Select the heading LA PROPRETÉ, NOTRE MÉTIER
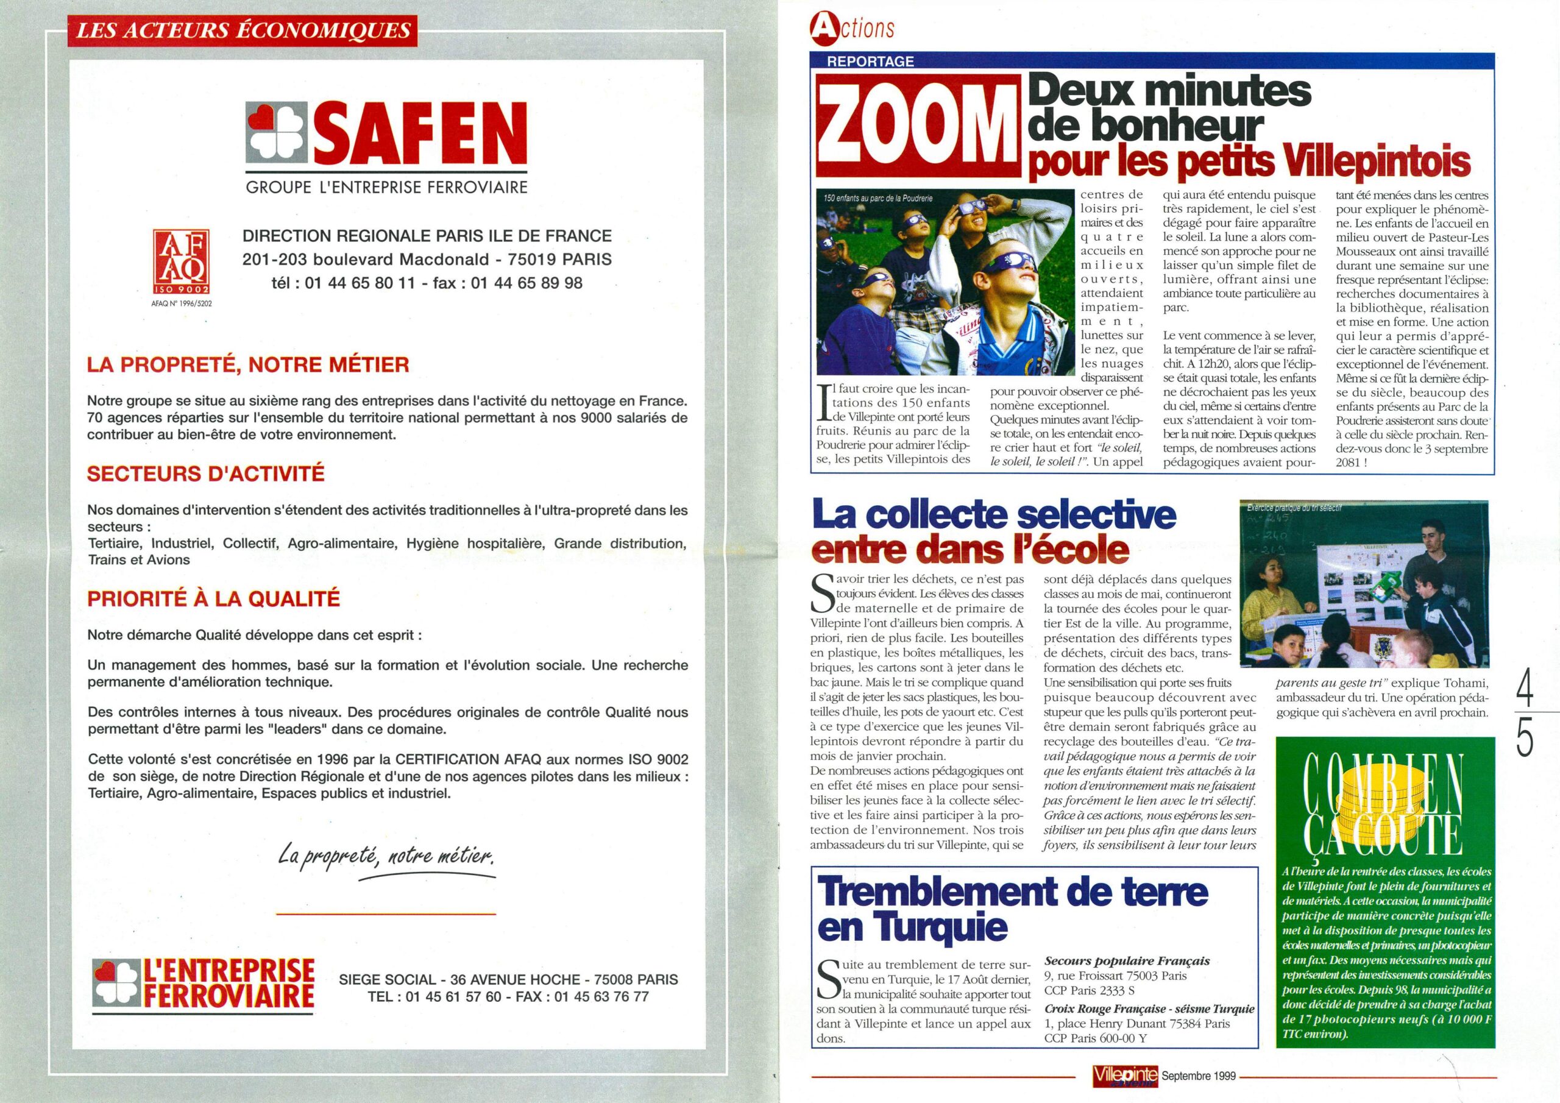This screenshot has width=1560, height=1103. tap(248, 365)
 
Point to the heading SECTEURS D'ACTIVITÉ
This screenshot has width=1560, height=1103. tap(206, 473)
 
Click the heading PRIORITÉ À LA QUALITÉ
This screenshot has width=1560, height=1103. tap(213, 599)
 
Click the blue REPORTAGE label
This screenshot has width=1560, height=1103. tap(870, 61)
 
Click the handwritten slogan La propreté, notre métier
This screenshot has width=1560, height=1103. tap(386, 856)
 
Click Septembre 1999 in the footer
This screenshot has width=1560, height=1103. tap(1199, 1076)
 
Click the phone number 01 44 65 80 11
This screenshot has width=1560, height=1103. tap(360, 283)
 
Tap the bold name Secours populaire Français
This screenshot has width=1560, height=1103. tap(1127, 961)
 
